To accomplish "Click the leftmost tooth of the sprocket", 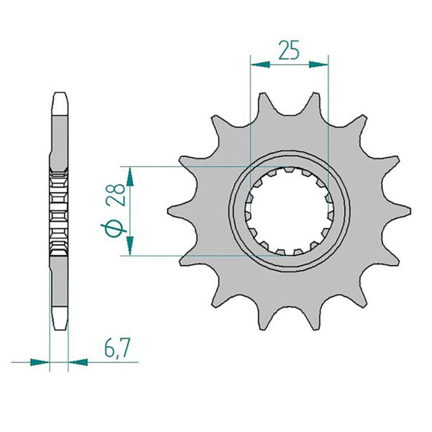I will point(173,211).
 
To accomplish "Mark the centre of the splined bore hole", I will point(288,210).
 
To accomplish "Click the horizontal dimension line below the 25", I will point(288,64).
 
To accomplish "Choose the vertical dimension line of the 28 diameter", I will point(130,211).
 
